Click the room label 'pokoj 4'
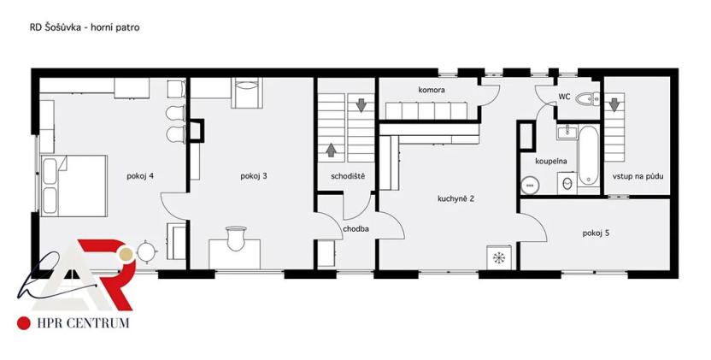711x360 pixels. pyautogui.click(x=138, y=177)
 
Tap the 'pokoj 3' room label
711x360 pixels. pyautogui.click(x=254, y=177)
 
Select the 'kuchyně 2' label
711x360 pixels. pyautogui.click(x=455, y=198)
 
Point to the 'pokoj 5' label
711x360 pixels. pyautogui.click(x=596, y=233)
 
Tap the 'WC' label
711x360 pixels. pyautogui.click(x=564, y=97)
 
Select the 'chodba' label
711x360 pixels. pyautogui.click(x=355, y=229)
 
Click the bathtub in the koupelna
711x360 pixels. pyautogui.click(x=587, y=156)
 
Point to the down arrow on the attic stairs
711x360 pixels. pyautogui.click(x=614, y=104)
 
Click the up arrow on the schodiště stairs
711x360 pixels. pyautogui.click(x=331, y=151)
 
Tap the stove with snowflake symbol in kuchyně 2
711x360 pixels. pyautogui.click(x=497, y=257)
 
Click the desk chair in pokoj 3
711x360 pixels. pyautogui.click(x=236, y=233)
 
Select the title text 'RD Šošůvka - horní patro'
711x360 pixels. pyautogui.click(x=85, y=27)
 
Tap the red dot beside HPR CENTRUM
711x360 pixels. pyautogui.click(x=23, y=323)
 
